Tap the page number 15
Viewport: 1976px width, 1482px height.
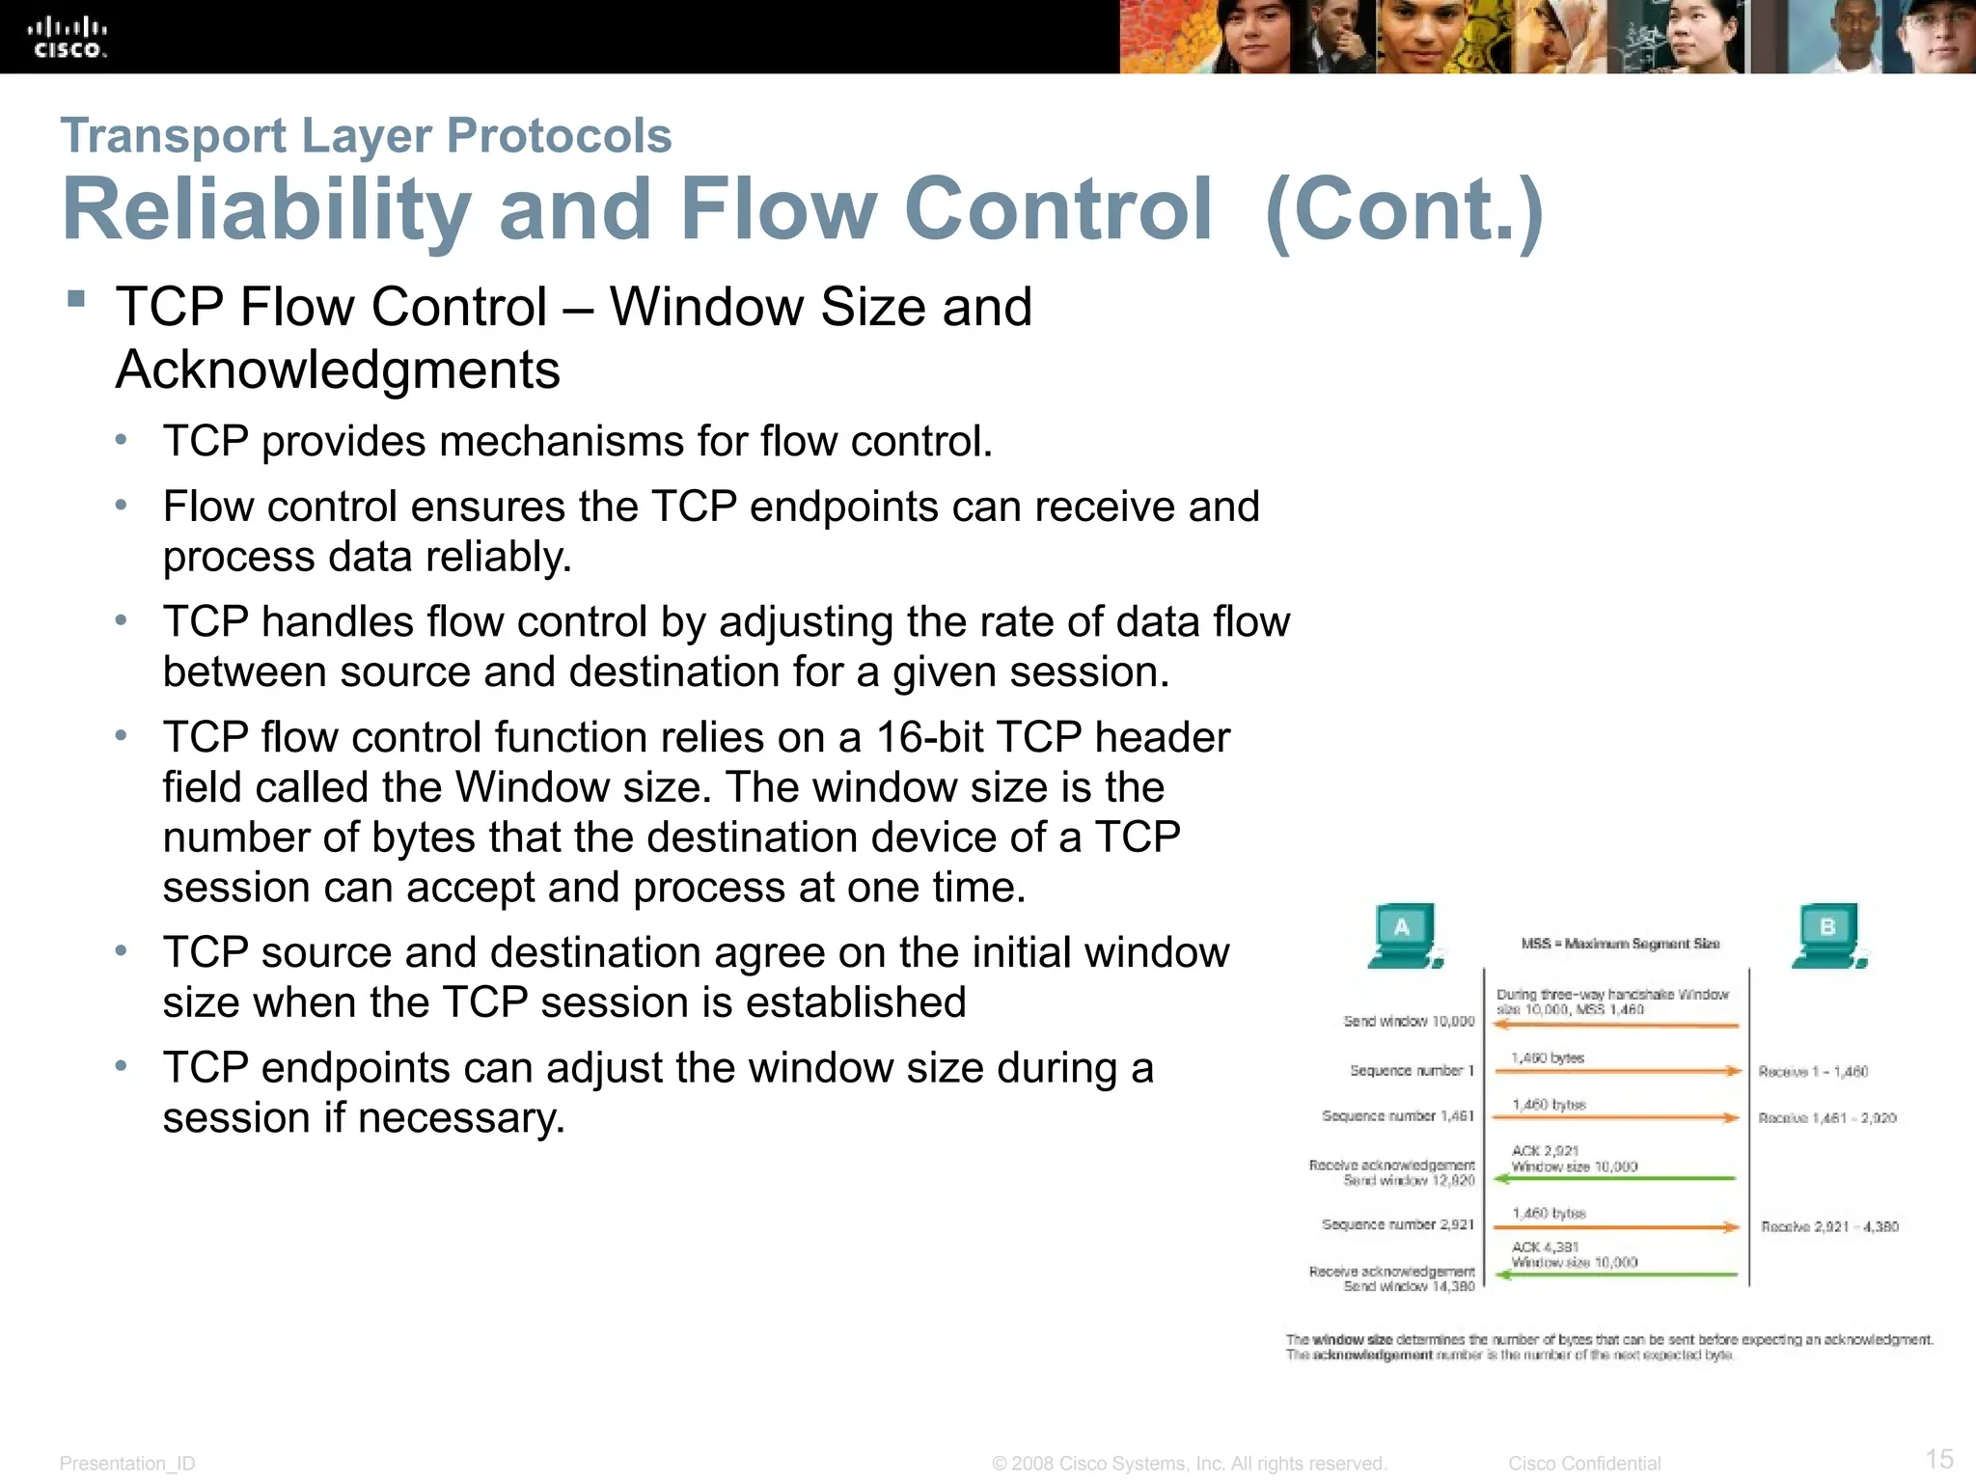pos(1939,1458)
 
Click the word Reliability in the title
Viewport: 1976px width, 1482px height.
pos(266,209)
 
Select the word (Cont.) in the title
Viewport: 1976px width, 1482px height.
pos(1405,209)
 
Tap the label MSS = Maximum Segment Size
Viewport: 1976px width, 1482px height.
pos(1620,944)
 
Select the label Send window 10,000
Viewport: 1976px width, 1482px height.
pos(1409,1021)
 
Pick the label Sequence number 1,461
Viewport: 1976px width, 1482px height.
pos(1397,1115)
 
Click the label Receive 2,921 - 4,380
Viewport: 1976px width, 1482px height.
pos(1829,1226)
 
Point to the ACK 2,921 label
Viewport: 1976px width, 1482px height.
pos(1545,1151)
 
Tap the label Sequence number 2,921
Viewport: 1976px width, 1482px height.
pos(1397,1224)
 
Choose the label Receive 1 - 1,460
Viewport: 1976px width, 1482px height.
pos(1813,1071)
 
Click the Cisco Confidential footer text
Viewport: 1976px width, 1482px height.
pos(1584,1464)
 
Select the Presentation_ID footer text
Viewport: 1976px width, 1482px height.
pos(127,1464)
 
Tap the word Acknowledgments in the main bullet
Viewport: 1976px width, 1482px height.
pos(338,370)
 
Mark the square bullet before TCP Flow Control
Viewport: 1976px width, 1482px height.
pos(76,298)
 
